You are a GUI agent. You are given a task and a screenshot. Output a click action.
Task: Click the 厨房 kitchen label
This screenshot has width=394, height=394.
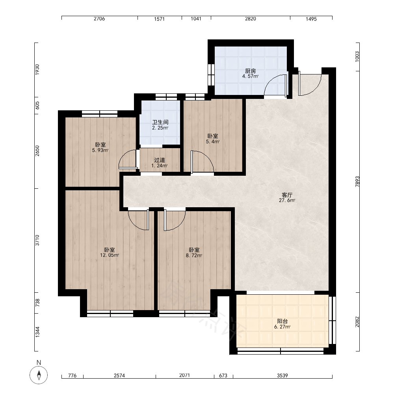click(250, 71)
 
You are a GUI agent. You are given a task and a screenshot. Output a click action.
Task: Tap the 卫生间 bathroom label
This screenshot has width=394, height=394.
click(160, 123)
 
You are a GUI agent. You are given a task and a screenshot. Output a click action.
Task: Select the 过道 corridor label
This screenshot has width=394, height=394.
click(160, 160)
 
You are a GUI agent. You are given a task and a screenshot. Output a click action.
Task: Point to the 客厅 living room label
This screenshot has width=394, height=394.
click(287, 195)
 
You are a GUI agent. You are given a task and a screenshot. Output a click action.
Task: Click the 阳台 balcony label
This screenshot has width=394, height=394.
click(282, 321)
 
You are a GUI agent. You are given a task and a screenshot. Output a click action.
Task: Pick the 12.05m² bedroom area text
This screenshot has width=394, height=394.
click(110, 255)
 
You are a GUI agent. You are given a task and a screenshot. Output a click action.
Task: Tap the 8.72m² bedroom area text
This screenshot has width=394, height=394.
click(194, 255)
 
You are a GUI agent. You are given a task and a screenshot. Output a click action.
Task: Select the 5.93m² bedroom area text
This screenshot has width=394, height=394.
click(100, 150)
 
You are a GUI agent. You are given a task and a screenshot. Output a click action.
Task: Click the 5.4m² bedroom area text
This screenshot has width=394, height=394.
click(213, 141)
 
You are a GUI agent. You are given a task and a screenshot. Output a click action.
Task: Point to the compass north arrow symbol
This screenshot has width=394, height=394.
click(39, 375)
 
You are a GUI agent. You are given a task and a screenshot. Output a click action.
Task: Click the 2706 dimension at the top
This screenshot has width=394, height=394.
click(99, 19)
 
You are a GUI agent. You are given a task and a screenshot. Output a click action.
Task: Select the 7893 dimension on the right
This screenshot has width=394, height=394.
click(357, 181)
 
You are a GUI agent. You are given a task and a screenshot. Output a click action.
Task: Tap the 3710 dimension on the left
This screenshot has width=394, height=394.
click(37, 240)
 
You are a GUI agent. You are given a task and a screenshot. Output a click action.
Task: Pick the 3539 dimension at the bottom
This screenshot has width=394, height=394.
click(282, 375)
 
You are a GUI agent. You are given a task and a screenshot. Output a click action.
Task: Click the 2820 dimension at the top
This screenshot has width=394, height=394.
click(251, 19)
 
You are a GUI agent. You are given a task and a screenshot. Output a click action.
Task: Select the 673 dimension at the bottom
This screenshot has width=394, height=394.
click(223, 375)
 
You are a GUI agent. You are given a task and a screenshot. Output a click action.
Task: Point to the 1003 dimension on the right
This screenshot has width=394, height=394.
click(357, 56)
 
